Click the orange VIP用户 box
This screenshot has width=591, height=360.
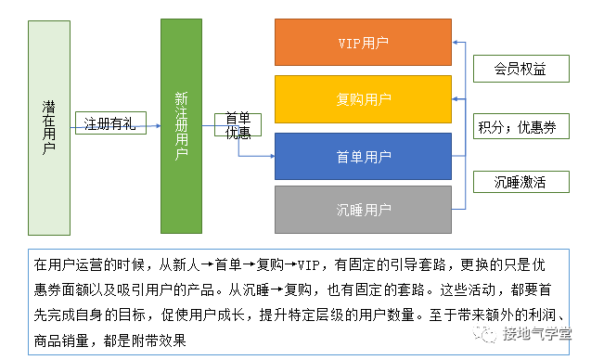pyautogui.click(x=363, y=42)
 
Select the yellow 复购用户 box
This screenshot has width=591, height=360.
pyautogui.click(x=363, y=99)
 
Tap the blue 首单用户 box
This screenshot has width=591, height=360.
pyautogui.click(x=363, y=156)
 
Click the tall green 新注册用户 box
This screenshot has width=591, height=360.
pyautogui.click(x=181, y=126)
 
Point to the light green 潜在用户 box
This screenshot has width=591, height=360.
pyautogui.click(x=49, y=127)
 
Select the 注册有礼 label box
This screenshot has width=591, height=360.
pyautogui.click(x=109, y=123)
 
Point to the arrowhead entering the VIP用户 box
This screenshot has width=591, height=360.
pyautogui.click(x=456, y=42)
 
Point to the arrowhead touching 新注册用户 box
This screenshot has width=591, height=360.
pyautogui.click(x=158, y=126)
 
